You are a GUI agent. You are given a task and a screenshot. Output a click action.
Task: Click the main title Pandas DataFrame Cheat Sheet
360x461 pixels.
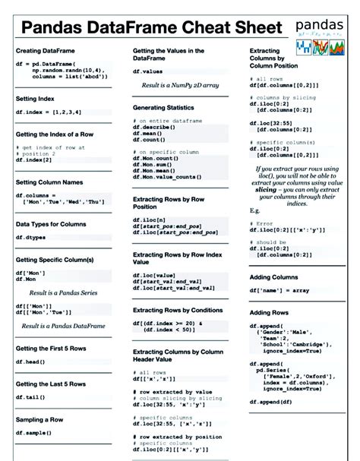[153, 30]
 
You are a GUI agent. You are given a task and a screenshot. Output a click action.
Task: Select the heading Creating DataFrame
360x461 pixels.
[48, 51]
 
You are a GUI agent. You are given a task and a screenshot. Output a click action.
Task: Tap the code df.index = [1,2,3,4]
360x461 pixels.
[48, 112]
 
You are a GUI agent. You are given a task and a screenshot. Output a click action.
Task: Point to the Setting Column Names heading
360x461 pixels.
[49, 182]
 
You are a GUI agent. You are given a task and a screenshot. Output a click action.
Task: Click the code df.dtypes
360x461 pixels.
[31, 237]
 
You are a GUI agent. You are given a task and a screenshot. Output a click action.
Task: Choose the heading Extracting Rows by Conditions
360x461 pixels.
[178, 311]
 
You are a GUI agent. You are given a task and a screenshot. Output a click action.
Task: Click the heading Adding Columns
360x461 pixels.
[274, 277]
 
